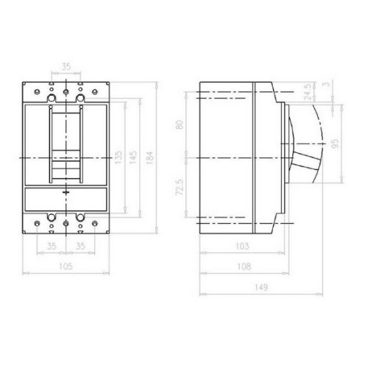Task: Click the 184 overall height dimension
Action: coord(149,158)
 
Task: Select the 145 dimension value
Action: coord(133,158)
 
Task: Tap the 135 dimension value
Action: coord(118,158)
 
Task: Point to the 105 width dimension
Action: coord(66,266)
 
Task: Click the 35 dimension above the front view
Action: coord(66,66)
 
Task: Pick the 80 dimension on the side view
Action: coord(180,124)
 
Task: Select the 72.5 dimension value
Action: coord(180,187)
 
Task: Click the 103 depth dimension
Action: coord(242,246)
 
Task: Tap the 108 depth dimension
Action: coord(244,266)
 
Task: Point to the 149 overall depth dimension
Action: coord(261,287)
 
